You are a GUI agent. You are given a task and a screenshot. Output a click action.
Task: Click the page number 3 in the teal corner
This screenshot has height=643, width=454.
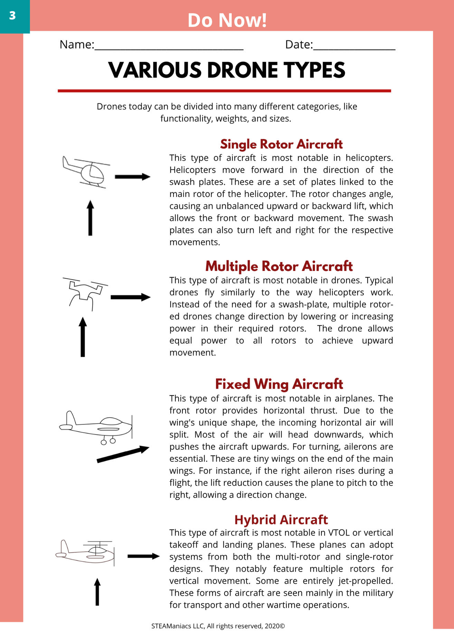(x=12, y=16)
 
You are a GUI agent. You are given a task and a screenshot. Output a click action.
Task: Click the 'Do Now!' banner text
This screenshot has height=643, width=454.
(x=227, y=20)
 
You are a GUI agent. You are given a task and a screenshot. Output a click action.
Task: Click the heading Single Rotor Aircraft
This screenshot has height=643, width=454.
(x=281, y=144)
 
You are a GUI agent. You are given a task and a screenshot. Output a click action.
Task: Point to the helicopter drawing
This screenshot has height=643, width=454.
(x=86, y=172)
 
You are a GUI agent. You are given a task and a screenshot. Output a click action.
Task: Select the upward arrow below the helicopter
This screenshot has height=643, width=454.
(x=90, y=218)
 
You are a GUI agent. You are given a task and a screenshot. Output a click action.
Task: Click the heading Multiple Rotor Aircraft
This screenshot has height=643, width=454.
(x=279, y=266)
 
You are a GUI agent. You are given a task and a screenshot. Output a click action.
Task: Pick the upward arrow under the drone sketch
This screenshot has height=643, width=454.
(x=83, y=337)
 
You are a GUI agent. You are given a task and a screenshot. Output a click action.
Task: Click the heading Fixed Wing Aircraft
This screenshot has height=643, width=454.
(x=279, y=384)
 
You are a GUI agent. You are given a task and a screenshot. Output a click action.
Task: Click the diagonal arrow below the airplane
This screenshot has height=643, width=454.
(x=123, y=454)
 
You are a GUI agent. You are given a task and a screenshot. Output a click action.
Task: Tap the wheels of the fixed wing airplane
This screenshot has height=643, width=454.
(x=108, y=441)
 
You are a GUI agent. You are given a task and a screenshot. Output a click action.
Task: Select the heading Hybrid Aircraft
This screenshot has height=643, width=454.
(x=281, y=520)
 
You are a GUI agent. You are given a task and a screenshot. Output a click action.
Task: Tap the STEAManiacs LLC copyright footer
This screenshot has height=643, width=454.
(x=218, y=626)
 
